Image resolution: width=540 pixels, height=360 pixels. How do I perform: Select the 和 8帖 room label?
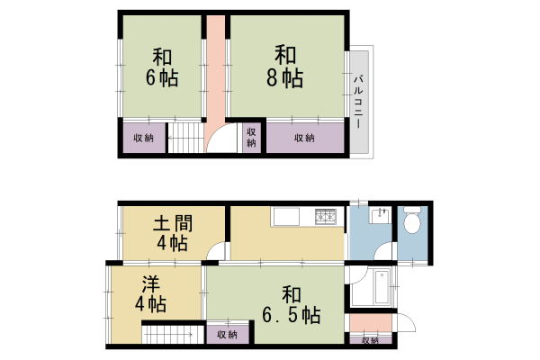(x=286, y=67)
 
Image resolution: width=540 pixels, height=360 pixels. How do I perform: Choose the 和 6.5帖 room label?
(x=289, y=304)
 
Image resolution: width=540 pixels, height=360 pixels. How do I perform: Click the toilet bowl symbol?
(x=412, y=220)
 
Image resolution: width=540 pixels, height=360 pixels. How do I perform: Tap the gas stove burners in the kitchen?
(x=325, y=216)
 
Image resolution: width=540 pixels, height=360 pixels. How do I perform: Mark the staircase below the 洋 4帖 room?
(x=169, y=337)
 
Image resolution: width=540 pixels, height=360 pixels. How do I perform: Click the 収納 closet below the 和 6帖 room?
(x=143, y=138)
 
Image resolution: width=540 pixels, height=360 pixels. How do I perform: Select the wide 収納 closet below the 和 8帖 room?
(x=303, y=138)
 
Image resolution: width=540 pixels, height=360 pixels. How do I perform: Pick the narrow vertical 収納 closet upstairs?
(x=251, y=137)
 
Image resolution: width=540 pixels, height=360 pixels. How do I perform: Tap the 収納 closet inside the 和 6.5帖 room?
(x=227, y=335)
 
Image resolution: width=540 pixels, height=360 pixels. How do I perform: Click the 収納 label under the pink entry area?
(x=370, y=341)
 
